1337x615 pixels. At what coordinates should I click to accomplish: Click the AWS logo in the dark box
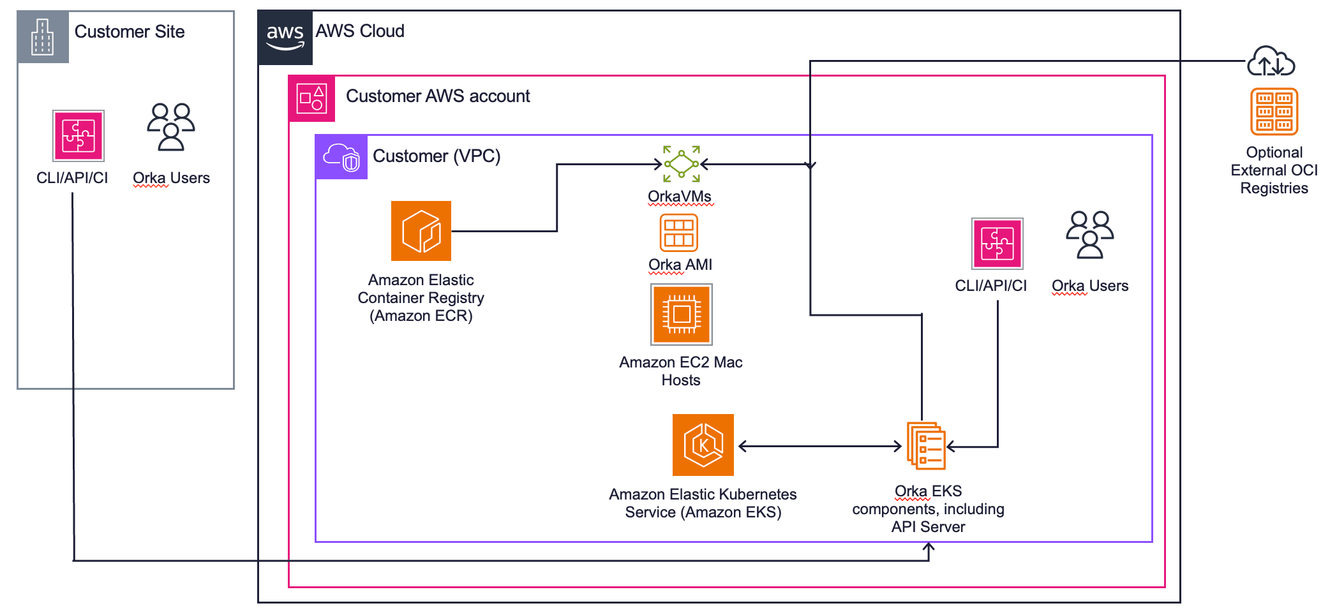(285, 37)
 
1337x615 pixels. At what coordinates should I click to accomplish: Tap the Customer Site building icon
(43, 37)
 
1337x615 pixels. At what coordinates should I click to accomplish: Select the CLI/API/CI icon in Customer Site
(78, 136)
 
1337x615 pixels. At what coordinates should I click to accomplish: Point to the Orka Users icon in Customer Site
(170, 127)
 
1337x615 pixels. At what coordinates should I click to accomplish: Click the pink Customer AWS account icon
(311, 98)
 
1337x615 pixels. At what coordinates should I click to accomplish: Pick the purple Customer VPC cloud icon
(341, 157)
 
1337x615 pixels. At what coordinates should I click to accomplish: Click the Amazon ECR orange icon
(421, 231)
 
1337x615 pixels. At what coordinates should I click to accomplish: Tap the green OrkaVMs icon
(681, 164)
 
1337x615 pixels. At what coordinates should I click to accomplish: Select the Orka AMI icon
(678, 233)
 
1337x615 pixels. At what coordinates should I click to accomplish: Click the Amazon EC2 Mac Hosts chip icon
(681, 315)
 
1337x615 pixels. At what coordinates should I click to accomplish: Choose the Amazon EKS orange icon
(703, 445)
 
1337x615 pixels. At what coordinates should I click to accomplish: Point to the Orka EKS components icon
(926, 445)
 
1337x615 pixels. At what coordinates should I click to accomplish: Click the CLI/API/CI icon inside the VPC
(997, 244)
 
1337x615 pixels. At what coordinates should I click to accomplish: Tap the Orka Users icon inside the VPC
(1089, 234)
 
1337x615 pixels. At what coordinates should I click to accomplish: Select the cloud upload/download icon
(1271, 61)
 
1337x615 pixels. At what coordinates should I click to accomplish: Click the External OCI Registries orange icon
(1274, 112)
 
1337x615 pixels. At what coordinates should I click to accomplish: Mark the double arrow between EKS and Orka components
(819, 447)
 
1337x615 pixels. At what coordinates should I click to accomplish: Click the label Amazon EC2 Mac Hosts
(680, 371)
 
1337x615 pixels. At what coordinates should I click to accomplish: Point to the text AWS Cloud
(360, 31)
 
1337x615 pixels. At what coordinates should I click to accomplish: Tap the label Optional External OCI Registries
(1274, 170)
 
